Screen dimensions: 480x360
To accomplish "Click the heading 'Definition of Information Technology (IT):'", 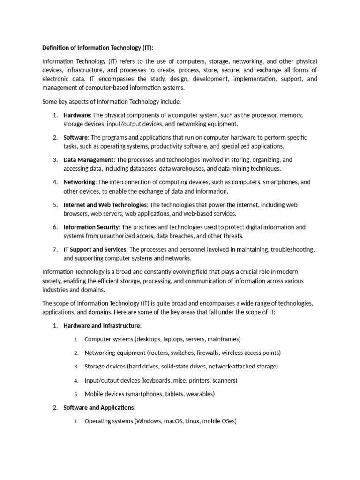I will pyautogui.click(x=97, y=48).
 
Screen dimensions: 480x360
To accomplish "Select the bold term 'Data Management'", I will pyautogui.click(x=88, y=160).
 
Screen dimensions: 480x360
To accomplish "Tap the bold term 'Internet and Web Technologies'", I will pyautogui.click(x=105, y=205).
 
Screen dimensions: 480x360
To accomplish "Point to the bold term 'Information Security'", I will pyautogui.click(x=91, y=227).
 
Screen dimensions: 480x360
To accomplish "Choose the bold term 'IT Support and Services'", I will pyautogui.click(x=95, y=249).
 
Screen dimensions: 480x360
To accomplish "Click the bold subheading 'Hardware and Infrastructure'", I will pyautogui.click(x=102, y=326).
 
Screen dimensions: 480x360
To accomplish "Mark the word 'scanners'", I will pyautogui.click(x=223, y=380).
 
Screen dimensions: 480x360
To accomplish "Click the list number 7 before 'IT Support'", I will pyautogui.click(x=55, y=249).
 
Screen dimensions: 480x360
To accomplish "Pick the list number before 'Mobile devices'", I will pyautogui.click(x=76, y=394).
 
